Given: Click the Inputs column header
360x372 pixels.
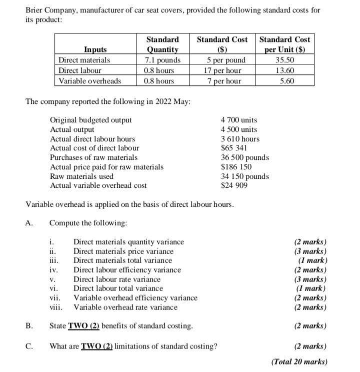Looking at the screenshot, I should (95, 49).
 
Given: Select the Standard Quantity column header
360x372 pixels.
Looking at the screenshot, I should (162, 44).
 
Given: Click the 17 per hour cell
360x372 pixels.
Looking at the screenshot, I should (222, 70).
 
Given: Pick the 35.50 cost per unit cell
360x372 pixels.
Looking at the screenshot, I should (284, 60).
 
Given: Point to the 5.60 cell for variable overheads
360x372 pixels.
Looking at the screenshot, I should (284, 81).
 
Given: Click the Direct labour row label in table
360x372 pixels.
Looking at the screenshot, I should (80, 70).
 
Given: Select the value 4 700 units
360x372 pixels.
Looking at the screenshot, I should (238, 120).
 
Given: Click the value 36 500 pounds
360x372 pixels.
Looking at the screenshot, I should (244, 157).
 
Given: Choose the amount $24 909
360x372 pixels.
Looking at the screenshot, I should (234, 186).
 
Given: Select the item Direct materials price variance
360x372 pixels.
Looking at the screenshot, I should (123, 251).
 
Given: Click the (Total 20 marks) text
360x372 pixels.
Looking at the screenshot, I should (299, 362).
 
